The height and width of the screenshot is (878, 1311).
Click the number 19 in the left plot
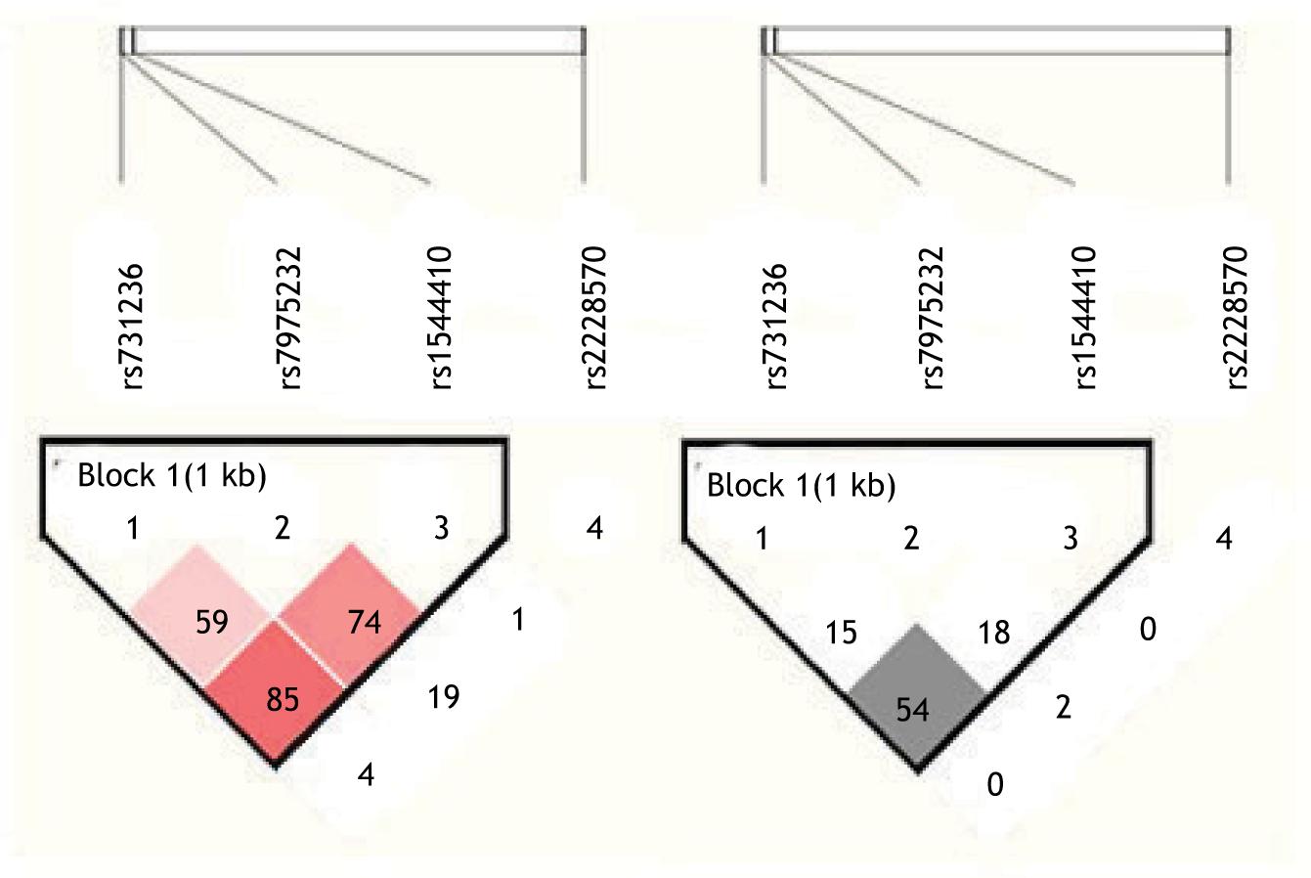pyautogui.click(x=444, y=697)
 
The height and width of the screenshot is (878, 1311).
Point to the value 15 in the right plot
pyautogui.click(x=841, y=633)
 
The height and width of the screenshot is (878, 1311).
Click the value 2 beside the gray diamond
pyautogui.click(x=1064, y=706)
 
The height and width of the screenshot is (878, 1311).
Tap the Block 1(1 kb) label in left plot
pyautogui.click(x=172, y=476)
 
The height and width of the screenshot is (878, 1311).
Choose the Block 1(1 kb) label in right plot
pyautogui.click(x=801, y=486)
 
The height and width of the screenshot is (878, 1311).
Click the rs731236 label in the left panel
pyautogui.click(x=133, y=326)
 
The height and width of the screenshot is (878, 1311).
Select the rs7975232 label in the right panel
pyautogui.click(x=933, y=317)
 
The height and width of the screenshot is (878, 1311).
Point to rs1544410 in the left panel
pyautogui.click(x=442, y=319)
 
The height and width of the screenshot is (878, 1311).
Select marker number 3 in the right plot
pyautogui.click(x=1070, y=538)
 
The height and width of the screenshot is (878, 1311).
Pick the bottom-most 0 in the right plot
pyautogui.click(x=994, y=784)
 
